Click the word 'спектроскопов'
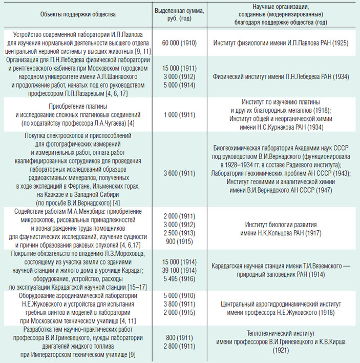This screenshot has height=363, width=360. pyautogui.click(x=98, y=136)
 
